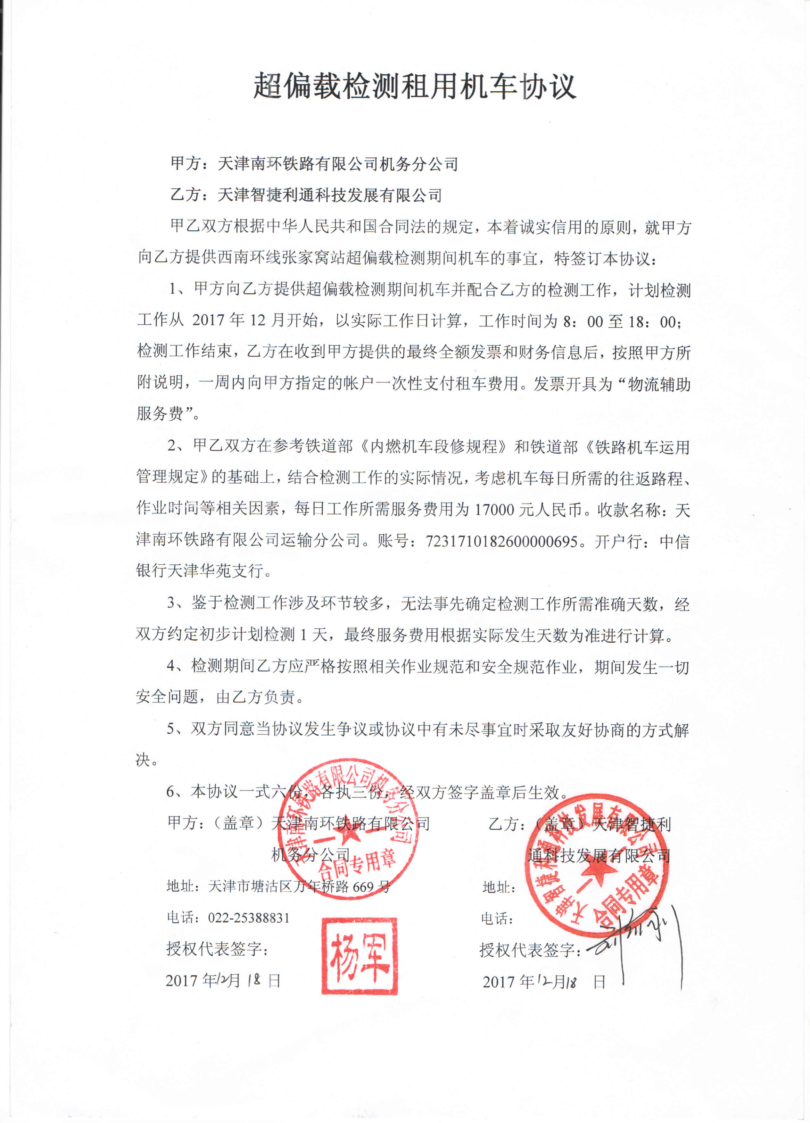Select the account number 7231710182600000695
(x=501, y=541)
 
